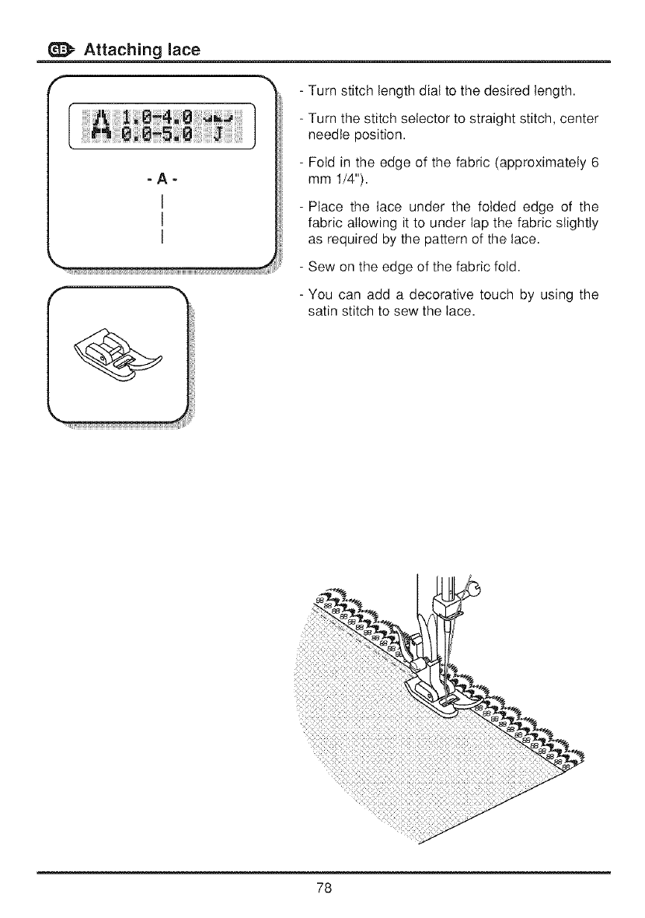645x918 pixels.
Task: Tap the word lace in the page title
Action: [x=180, y=50]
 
